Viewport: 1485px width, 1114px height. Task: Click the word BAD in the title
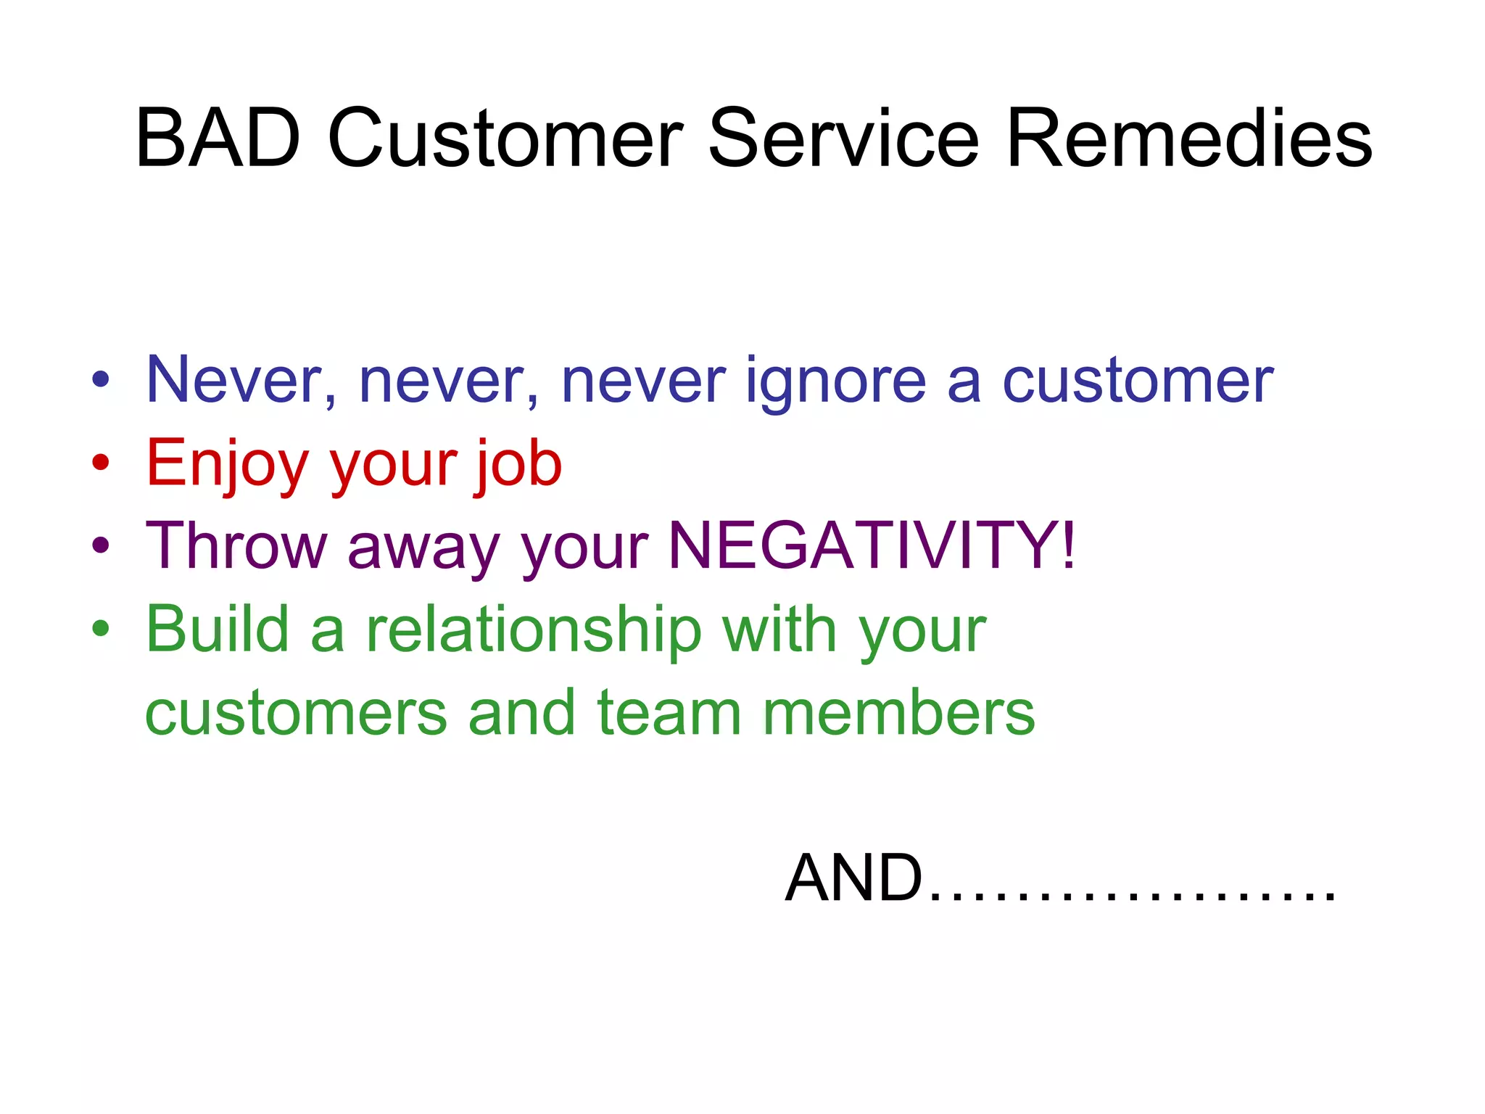coord(218,138)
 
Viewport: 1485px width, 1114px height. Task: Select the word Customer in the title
coord(505,138)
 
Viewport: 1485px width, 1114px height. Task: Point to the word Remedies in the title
coord(1189,138)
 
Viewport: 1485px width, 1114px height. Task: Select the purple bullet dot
coord(101,545)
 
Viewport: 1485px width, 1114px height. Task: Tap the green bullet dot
coord(101,628)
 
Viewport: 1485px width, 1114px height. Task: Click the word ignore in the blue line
coord(835,383)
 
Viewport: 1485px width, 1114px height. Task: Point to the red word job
coord(519,464)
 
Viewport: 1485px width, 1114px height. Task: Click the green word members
coord(899,712)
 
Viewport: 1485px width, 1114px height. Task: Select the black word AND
coord(853,878)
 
